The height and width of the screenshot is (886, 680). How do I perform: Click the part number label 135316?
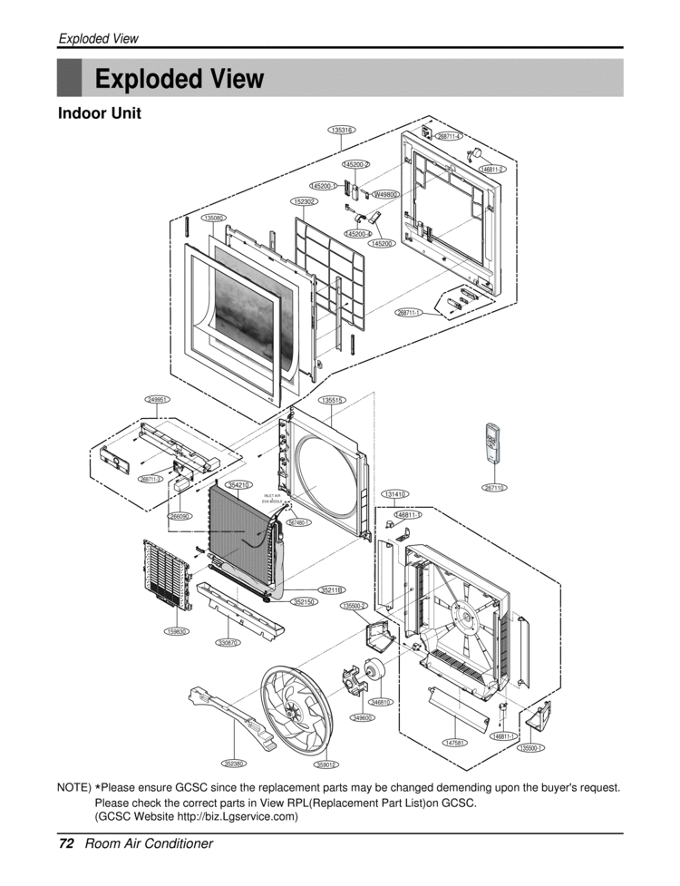(342, 131)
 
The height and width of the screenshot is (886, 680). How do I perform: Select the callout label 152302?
(304, 201)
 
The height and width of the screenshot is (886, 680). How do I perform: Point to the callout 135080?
(214, 219)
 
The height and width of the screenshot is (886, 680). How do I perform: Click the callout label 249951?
(158, 399)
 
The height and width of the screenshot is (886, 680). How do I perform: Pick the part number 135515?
(333, 400)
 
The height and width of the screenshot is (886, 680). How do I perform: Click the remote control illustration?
(493, 443)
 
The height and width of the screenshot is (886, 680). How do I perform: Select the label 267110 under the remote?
(494, 488)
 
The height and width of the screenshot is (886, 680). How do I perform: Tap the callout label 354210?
(238, 485)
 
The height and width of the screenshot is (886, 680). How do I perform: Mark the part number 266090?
(180, 516)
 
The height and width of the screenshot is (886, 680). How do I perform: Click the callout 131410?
(394, 494)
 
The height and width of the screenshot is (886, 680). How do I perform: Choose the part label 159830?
(176, 631)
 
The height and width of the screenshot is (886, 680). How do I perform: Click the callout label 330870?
(228, 643)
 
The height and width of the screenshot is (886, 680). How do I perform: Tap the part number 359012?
(326, 765)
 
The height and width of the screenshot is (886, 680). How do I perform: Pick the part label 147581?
(455, 743)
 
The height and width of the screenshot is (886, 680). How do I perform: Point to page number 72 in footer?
(65, 843)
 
